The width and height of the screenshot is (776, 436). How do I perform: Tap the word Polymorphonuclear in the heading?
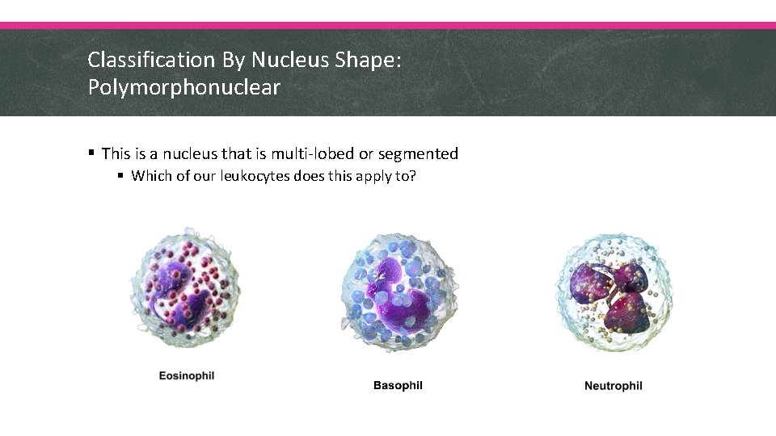click(x=184, y=87)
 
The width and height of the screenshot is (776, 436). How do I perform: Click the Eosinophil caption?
click(x=187, y=375)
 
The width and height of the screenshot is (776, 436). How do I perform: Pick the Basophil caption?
click(x=398, y=385)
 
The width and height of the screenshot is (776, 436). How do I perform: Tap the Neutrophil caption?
click(x=614, y=385)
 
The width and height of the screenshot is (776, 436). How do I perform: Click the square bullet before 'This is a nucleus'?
click(x=93, y=153)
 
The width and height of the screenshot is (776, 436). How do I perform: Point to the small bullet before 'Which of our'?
click(x=121, y=176)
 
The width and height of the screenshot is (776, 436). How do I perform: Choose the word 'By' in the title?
click(x=231, y=60)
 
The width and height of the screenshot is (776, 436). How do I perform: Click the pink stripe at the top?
click(x=388, y=25)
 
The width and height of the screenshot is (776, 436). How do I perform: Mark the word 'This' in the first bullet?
click(x=116, y=153)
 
